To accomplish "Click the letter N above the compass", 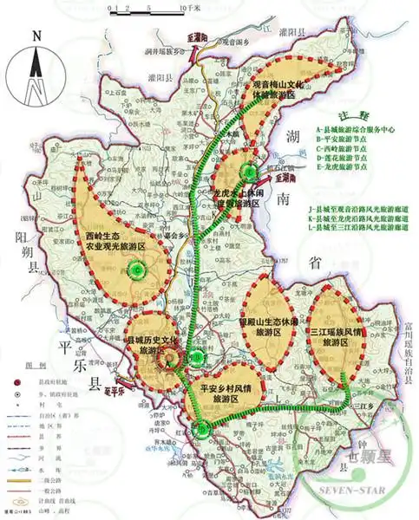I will coord(36,37).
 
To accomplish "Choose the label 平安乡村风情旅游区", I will coord(223,393).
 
